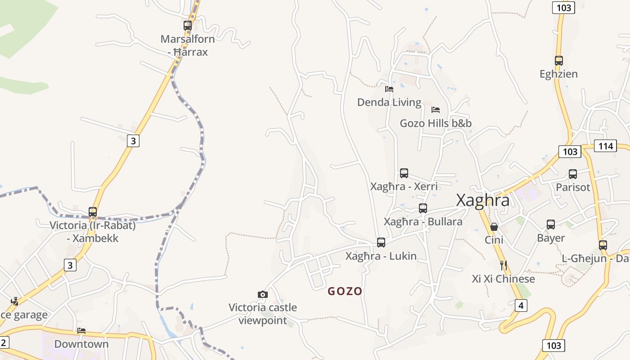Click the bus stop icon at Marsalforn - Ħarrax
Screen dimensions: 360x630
coord(188,26)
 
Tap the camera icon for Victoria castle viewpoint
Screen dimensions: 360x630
coord(263,294)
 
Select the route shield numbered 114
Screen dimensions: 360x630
coord(606,146)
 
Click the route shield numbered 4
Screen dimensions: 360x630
coord(521,306)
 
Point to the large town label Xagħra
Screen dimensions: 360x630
coord(483,200)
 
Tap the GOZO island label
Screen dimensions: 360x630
coord(345,291)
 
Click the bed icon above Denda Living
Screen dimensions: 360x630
coord(389,89)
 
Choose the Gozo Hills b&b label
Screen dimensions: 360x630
coord(436,123)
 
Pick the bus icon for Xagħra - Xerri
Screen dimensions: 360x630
coord(404,173)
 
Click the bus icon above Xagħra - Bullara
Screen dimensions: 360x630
coord(423,208)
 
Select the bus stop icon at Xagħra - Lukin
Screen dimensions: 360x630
coord(381,243)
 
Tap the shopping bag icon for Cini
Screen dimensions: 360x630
coord(494,226)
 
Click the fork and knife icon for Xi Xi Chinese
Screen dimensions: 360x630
coord(504,265)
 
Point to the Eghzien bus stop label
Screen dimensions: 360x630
coord(558,74)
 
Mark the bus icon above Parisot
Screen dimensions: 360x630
coord(573,174)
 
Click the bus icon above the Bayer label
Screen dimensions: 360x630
coord(551,225)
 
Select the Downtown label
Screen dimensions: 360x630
coord(81,344)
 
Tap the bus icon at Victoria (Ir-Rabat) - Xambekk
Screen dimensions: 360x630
coord(93,212)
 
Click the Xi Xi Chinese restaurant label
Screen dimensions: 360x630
coord(504,279)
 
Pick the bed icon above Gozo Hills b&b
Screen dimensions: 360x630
coord(435,110)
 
